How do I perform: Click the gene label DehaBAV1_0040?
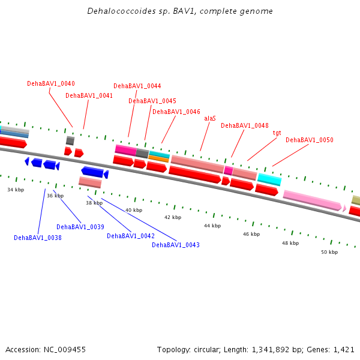click(x=51, y=83)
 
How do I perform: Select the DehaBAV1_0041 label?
click(x=89, y=95)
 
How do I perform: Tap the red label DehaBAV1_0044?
click(x=137, y=86)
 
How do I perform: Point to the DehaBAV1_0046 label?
click(x=176, y=112)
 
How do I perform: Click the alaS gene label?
click(x=210, y=118)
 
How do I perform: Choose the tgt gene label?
click(x=277, y=133)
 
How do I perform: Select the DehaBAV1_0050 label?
click(x=309, y=140)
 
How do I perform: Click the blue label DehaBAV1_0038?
click(x=38, y=238)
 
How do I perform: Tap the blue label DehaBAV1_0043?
click(x=175, y=245)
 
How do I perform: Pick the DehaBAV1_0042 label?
click(x=131, y=236)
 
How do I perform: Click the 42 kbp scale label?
click(x=173, y=217)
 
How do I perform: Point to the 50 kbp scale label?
click(x=329, y=252)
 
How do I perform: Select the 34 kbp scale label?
click(x=16, y=190)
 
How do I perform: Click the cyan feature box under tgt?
click(x=269, y=179)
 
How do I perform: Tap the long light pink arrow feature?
click(x=312, y=200)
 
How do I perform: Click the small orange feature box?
click(x=158, y=159)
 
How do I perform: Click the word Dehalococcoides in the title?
click(x=116, y=11)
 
